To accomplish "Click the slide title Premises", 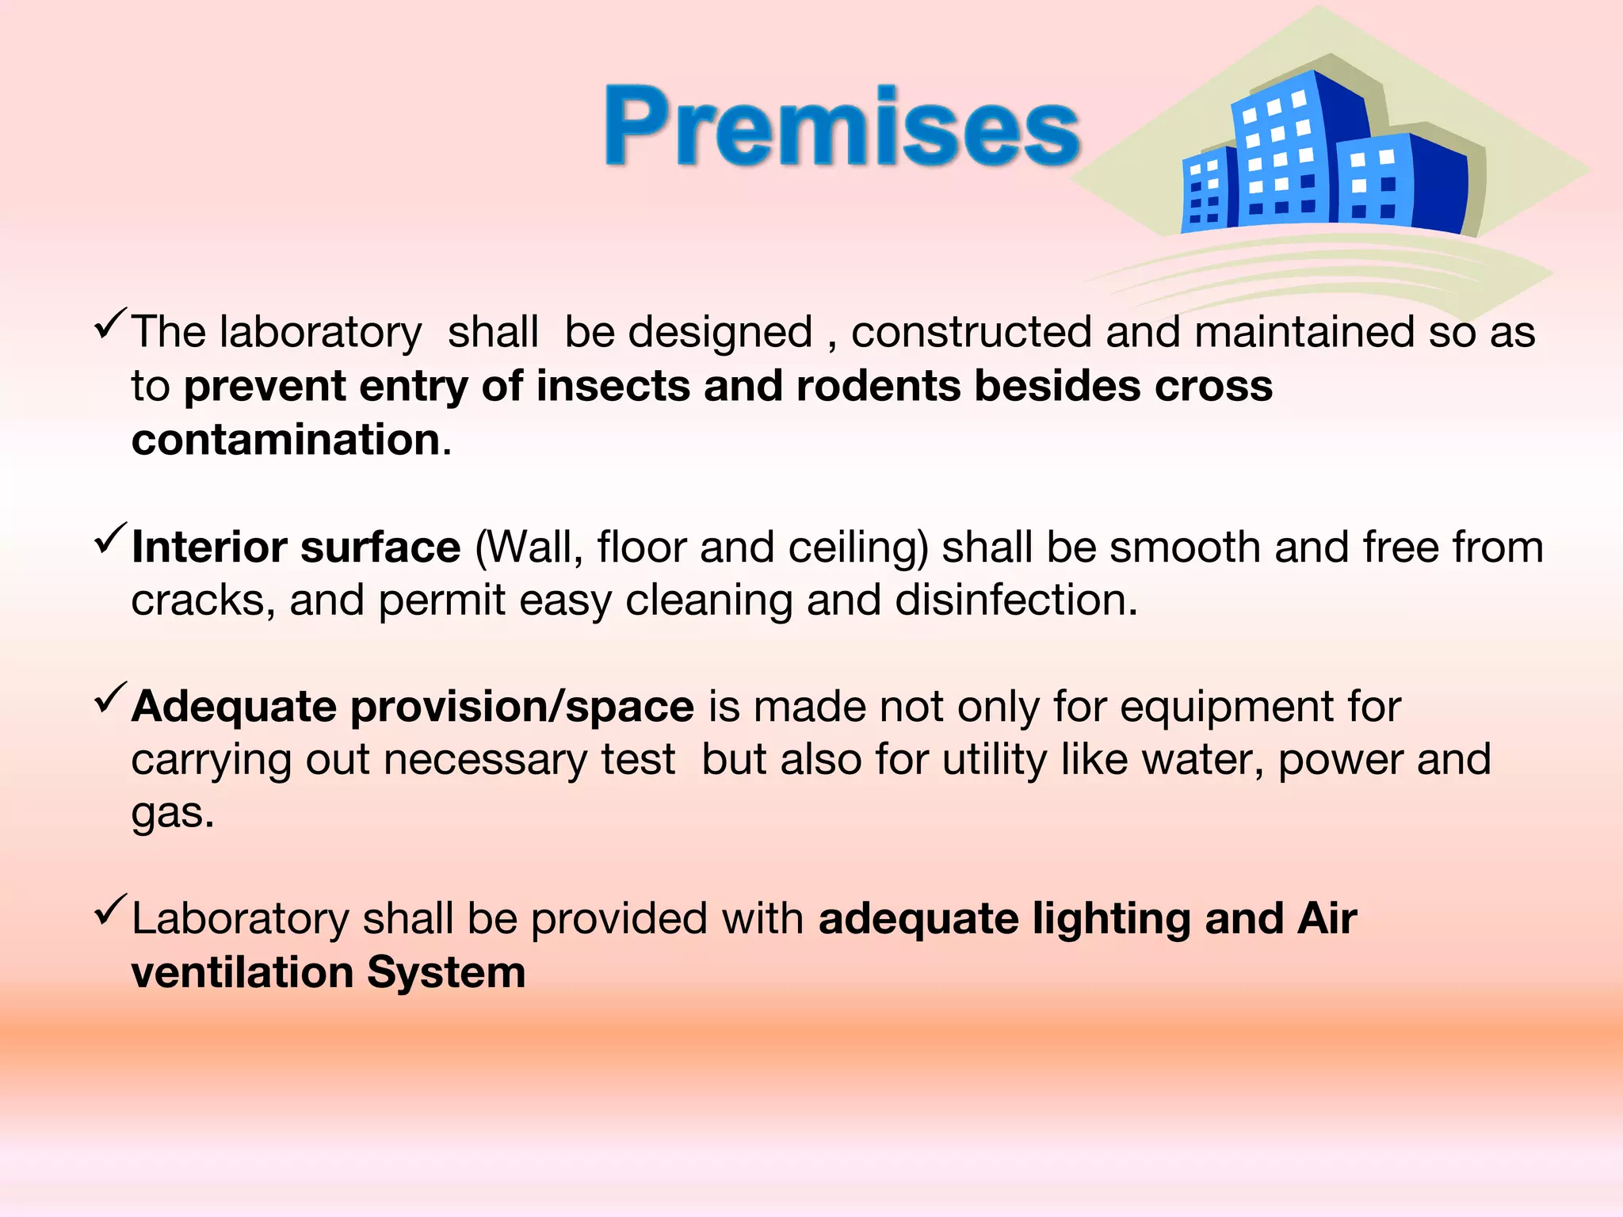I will [842, 127].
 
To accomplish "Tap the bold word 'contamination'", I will [286, 440].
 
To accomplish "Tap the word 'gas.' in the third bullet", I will [173, 814].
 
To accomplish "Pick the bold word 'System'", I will [446, 973].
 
